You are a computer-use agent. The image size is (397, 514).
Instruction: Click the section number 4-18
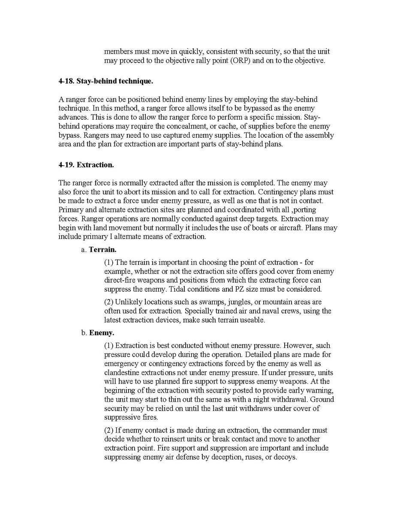point(66,81)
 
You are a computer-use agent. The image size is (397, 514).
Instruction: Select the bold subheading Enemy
point(102,333)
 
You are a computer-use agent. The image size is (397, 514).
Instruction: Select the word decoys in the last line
point(283,457)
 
